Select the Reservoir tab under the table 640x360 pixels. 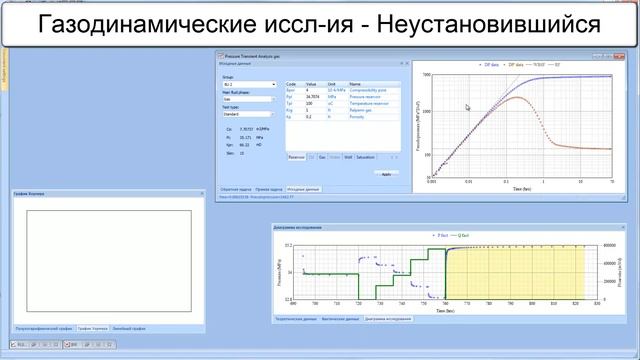[296, 157]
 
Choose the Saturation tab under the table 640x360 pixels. [366, 157]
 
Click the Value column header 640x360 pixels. [311, 84]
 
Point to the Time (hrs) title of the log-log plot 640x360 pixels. [520, 187]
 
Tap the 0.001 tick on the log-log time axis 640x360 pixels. [431, 181]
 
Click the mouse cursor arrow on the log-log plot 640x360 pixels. [467, 108]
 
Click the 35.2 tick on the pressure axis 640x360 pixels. [286, 245]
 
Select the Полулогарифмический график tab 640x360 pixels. [44, 327]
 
